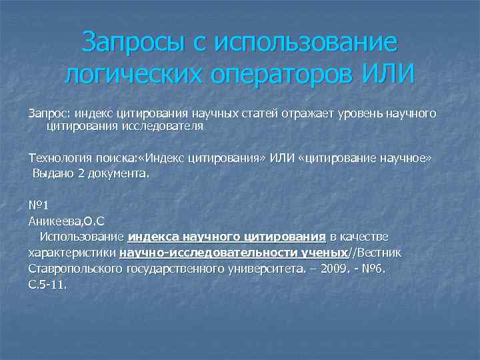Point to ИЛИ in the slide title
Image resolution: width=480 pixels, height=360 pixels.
coord(388,74)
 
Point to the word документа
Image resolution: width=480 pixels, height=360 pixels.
coord(123,173)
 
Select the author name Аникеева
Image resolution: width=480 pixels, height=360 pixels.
coord(55,221)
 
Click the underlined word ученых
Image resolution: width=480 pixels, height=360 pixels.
coord(325,253)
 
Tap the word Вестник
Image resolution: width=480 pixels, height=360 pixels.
coord(379,253)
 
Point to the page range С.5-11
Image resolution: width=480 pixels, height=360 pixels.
coord(48,284)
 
